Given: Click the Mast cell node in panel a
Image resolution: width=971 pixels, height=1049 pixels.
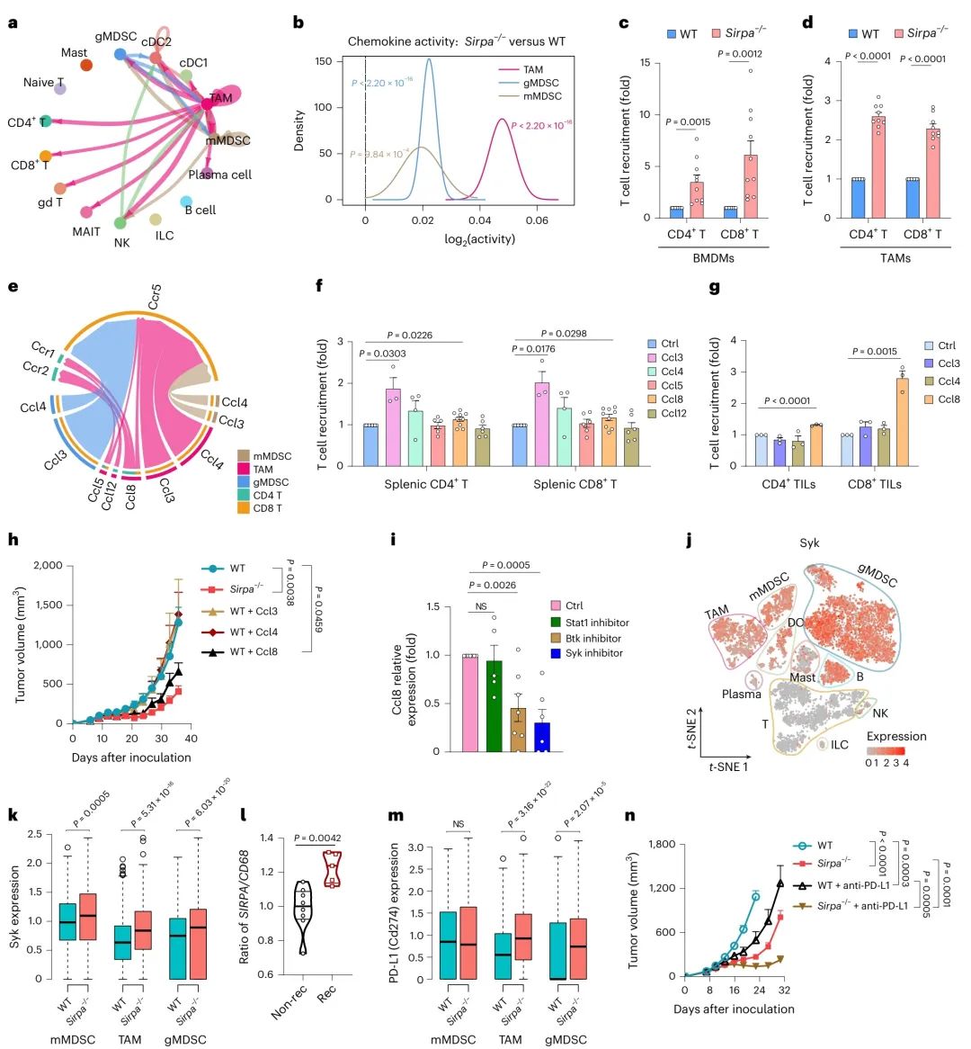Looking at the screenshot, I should coord(86,65).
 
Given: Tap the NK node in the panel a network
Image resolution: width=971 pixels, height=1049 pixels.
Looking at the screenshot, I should coord(120,222).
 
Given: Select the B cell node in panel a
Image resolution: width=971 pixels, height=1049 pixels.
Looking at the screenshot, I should coord(186,202).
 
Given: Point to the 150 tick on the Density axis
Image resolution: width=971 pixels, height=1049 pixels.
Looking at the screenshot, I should coord(324,61).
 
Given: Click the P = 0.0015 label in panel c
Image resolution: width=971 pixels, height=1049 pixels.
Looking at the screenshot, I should coord(688,121).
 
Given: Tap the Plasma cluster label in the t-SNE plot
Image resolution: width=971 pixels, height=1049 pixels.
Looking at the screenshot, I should coord(741,694).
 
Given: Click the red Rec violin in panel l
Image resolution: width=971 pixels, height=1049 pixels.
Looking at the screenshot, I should coord(334,869).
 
